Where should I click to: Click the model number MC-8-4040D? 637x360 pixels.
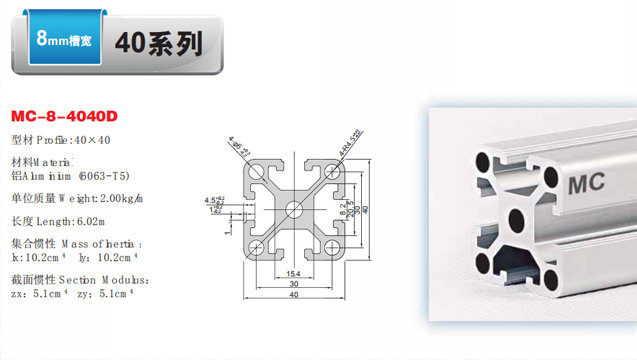63,116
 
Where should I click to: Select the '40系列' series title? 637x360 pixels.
159,43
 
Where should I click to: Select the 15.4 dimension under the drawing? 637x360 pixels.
294,273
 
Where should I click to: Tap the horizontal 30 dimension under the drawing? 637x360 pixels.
294,284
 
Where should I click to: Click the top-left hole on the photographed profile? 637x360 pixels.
489,159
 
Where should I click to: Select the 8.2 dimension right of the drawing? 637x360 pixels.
343,209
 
